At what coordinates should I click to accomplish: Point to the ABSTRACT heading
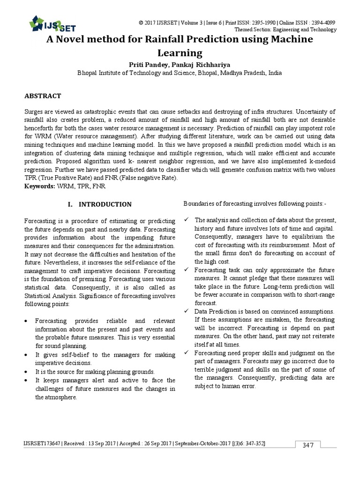(x=43, y=96)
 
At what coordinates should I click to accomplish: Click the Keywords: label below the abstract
(x=39, y=186)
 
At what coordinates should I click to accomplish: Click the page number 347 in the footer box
(x=308, y=445)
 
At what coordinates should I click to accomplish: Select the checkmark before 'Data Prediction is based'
(x=187, y=312)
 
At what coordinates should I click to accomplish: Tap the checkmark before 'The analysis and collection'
(x=187, y=220)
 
